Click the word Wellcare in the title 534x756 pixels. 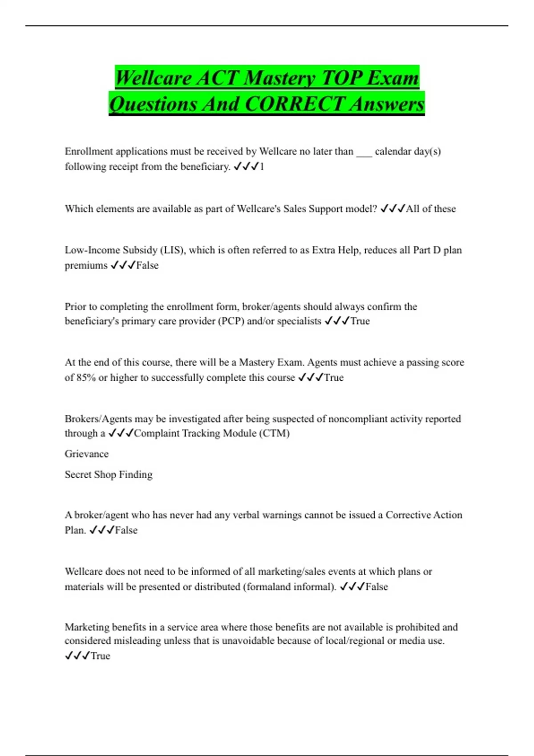pos(153,78)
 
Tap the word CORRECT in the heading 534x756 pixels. pos(295,104)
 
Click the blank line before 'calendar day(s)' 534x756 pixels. pos(364,152)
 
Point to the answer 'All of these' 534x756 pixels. pos(431,209)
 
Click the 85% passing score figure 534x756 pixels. pos(86,378)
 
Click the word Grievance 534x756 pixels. pos(86,454)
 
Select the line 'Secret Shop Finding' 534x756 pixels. pos(109,475)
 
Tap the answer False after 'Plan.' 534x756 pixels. pos(126,530)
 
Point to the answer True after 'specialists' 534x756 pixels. pos(360,321)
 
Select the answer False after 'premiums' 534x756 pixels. pos(147,265)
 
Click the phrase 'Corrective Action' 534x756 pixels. pos(424,515)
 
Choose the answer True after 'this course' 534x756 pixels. pos(334,378)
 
